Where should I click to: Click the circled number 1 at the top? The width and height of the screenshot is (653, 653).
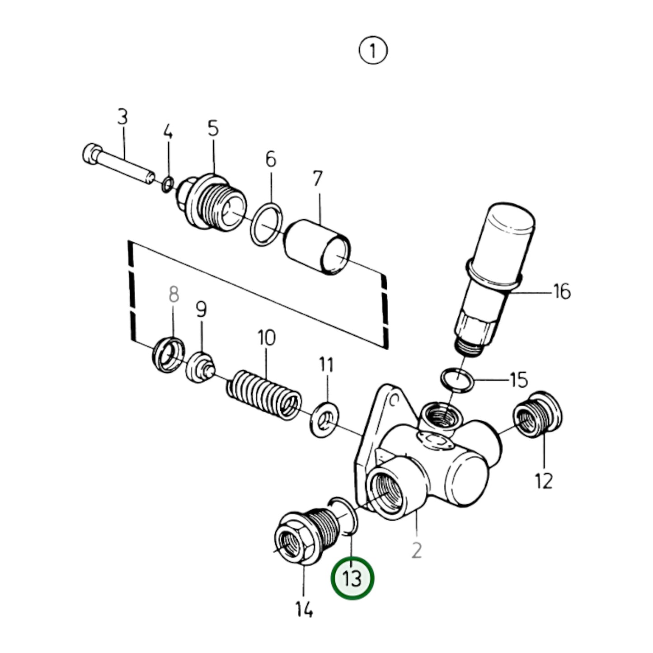click(373, 51)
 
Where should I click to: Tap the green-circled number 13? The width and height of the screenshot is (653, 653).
click(352, 578)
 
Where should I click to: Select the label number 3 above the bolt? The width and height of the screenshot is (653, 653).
click(122, 117)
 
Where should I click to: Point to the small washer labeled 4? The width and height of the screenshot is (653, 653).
click(168, 184)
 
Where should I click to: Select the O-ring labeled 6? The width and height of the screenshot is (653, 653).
click(268, 225)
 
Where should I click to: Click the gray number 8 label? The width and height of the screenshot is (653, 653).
click(174, 295)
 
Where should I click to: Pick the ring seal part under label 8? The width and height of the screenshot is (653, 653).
click(169, 355)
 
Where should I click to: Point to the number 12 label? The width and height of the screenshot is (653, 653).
click(544, 481)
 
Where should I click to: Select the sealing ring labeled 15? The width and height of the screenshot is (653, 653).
click(457, 379)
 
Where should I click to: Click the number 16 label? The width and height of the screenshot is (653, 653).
click(562, 292)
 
